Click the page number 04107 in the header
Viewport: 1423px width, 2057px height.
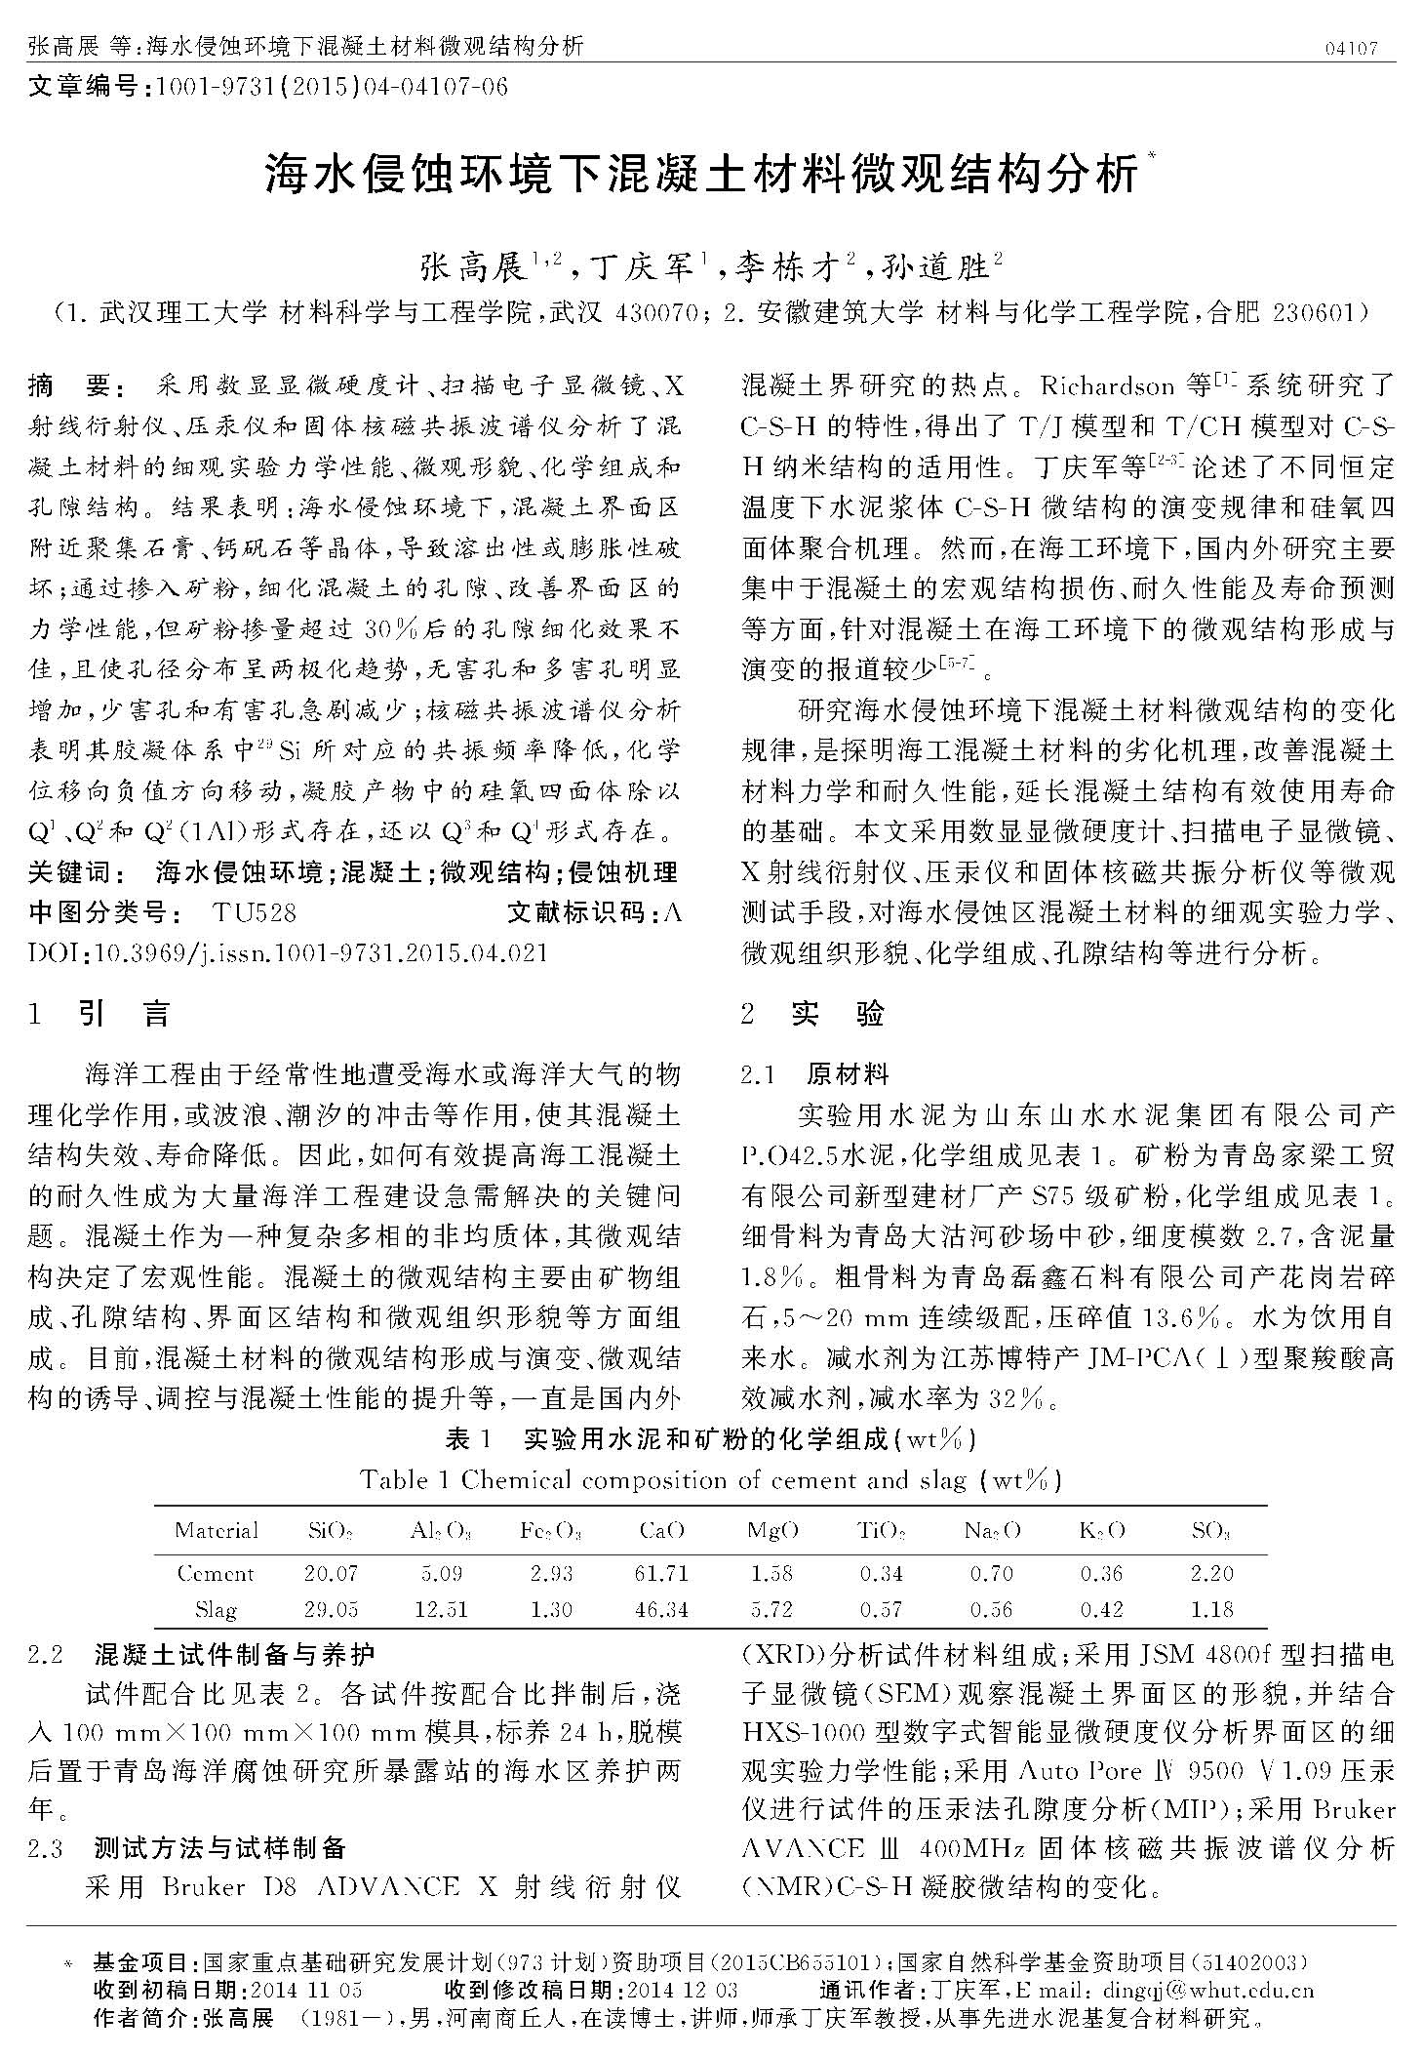(1351, 48)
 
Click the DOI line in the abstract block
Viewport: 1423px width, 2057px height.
(288, 952)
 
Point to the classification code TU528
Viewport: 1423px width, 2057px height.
(254, 912)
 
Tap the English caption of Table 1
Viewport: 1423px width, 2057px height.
(710, 1479)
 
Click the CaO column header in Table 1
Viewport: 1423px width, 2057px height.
(661, 1530)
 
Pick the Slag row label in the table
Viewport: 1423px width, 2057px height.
(216, 1609)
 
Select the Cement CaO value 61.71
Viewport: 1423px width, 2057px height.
(661, 1573)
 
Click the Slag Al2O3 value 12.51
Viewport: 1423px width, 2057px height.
(441, 1609)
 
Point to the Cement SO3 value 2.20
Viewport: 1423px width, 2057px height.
(1212, 1573)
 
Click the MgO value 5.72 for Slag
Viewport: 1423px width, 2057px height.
(771, 1609)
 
